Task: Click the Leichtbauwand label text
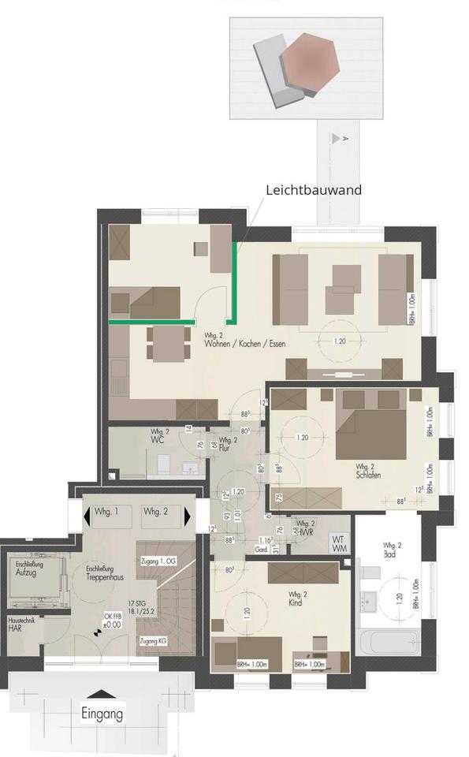(x=313, y=190)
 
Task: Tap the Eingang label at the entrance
(x=102, y=714)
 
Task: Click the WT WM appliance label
(x=339, y=542)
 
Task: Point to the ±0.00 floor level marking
(x=114, y=624)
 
